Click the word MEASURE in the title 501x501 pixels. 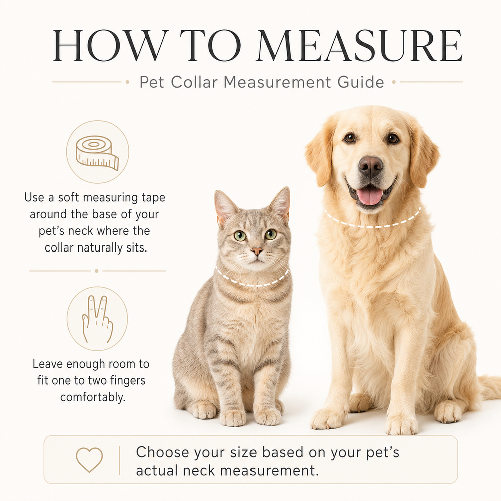(359, 46)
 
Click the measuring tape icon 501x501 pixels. (98, 153)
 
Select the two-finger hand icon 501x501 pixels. (98, 319)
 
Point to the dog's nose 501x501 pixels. (371, 165)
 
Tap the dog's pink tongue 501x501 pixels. (370, 196)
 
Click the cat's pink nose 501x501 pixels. (257, 251)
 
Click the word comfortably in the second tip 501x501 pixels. (93, 397)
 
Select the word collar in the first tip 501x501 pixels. (59, 247)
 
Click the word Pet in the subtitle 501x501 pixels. (152, 82)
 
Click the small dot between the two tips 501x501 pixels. (97, 271)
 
